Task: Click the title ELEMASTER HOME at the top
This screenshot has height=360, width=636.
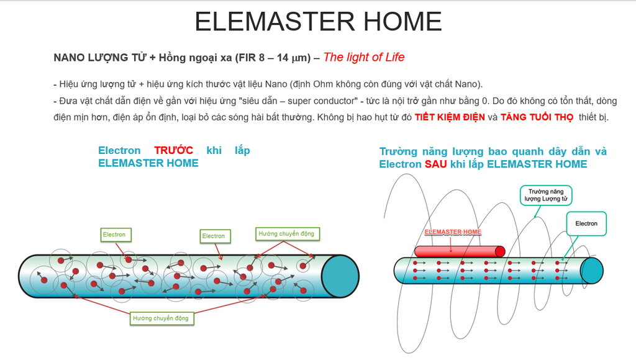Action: click(x=318, y=22)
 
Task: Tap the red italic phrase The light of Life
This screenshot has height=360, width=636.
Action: click(x=364, y=57)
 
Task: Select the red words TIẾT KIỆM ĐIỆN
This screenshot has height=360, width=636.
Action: click(x=450, y=117)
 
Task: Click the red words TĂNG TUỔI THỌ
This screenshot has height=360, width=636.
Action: click(x=537, y=117)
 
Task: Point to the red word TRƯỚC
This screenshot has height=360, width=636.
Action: click(x=174, y=150)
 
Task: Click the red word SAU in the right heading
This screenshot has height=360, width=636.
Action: click(x=435, y=164)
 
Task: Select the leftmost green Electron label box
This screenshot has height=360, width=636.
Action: click(x=116, y=235)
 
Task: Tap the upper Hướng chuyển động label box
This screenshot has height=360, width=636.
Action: click(x=287, y=234)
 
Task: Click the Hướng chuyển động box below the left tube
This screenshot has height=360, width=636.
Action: click(x=161, y=318)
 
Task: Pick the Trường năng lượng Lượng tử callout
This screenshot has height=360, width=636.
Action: click(x=546, y=195)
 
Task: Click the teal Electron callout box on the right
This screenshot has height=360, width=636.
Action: click(x=586, y=223)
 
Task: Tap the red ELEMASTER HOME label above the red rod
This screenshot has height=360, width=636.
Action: click(x=453, y=232)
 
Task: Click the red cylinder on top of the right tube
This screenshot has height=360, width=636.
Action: click(x=460, y=251)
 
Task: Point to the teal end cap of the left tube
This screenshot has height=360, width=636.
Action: click(x=340, y=276)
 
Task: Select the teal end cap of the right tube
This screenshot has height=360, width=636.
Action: click(x=592, y=271)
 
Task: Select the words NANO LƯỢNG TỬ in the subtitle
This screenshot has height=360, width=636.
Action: click(x=100, y=58)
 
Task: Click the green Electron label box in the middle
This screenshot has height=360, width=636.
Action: click(x=216, y=236)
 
